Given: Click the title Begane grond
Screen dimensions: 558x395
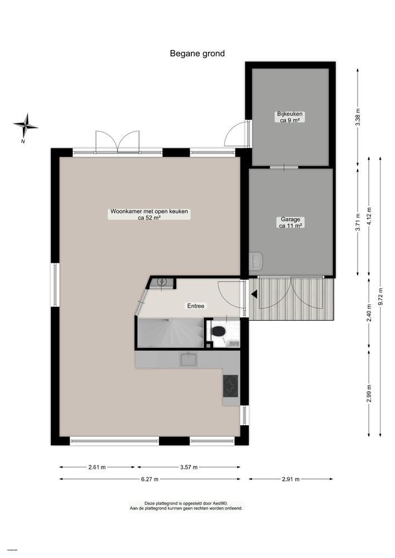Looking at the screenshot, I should (197, 54).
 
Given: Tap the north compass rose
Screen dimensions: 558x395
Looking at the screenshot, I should (25, 127).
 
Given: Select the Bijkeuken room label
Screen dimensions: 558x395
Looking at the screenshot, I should (290, 117).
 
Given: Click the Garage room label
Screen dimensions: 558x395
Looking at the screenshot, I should (291, 223).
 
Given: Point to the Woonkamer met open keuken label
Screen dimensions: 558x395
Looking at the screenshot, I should (149, 215).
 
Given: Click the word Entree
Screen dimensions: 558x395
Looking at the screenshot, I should (195, 306).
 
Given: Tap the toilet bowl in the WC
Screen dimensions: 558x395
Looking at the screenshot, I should (218, 332).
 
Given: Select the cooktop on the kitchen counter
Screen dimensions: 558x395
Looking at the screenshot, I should (231, 386).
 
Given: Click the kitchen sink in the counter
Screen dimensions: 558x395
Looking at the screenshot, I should (187, 360).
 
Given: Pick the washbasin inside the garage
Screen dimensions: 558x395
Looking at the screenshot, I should (256, 261).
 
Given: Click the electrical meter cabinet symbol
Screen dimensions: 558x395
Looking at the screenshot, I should (162, 282).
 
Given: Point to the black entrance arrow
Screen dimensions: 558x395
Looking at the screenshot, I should (253, 294).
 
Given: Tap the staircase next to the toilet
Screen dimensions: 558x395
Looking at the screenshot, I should (170, 333).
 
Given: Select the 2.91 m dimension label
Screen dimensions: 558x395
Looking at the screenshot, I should (291, 479).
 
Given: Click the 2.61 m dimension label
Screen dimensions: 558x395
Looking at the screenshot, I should (97, 468).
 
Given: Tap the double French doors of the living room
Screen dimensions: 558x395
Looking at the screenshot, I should (117, 143).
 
